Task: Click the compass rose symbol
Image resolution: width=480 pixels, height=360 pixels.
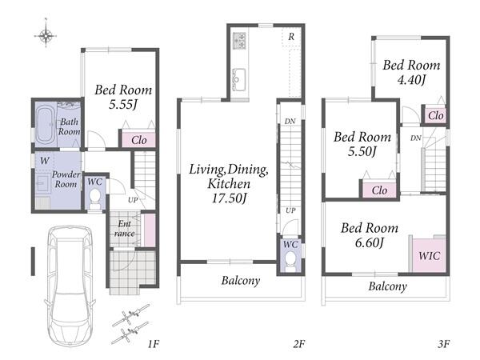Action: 46,36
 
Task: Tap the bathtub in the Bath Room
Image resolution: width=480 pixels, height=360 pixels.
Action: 46,126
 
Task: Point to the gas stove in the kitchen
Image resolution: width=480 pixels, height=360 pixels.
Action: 240,41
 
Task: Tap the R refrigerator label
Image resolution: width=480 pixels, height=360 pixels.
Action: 291,37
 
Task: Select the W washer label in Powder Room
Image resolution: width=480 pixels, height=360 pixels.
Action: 45,161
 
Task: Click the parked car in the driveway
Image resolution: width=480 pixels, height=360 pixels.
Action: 70,286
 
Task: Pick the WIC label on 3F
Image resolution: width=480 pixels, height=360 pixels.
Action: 429,256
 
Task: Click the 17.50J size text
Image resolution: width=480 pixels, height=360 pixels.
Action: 230,198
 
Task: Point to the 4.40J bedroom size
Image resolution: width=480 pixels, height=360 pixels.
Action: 411,80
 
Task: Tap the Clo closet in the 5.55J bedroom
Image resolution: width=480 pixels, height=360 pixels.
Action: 138,140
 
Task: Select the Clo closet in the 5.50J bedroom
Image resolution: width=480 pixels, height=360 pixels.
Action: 379,190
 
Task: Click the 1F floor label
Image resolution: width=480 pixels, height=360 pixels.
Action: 154,344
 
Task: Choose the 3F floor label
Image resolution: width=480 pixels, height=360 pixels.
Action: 443,344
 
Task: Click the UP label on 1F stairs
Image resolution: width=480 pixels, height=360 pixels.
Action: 133,200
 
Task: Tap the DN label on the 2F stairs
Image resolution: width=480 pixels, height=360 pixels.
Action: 290,122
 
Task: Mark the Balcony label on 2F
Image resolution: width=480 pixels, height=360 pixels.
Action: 241,281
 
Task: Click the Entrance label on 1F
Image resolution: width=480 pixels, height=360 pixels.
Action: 124,229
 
